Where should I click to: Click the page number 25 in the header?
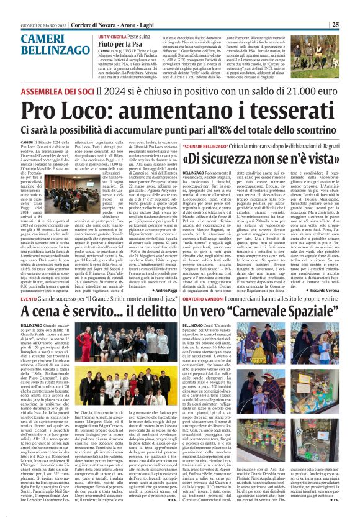coord(351,24)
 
